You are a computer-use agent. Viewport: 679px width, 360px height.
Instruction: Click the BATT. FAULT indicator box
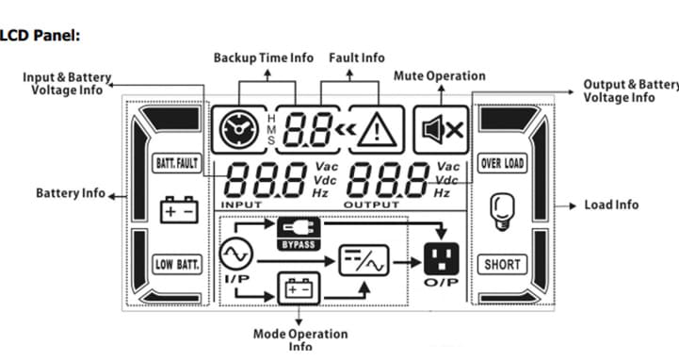[x=177, y=163]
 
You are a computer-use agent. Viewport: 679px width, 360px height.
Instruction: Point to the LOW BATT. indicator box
[x=177, y=265]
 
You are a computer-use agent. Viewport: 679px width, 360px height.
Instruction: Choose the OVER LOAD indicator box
[x=502, y=163]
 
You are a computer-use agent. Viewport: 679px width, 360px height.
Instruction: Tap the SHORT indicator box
[x=502, y=265]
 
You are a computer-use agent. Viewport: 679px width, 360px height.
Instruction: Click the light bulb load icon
[x=502, y=213]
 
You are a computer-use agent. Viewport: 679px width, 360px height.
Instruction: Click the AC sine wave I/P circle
[x=234, y=254]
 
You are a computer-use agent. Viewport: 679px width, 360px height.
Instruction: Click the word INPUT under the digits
[x=243, y=203]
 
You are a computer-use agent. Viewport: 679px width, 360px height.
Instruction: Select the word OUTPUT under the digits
[x=371, y=203]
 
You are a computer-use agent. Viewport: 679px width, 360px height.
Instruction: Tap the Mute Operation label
[x=439, y=75]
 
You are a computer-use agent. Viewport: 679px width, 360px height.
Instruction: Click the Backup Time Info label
[x=263, y=57]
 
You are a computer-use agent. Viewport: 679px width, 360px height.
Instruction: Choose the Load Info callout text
[x=611, y=205]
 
